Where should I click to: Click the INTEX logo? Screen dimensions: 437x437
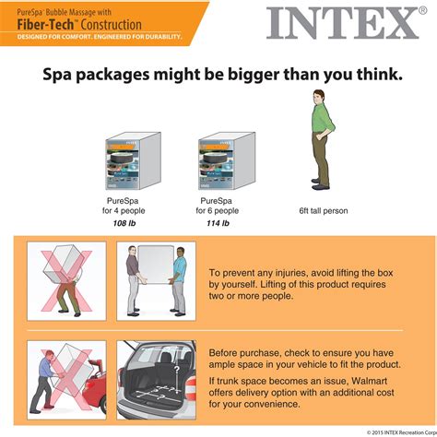pyautogui.click(x=343, y=24)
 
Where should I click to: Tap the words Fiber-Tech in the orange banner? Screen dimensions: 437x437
pyautogui.click(x=45, y=25)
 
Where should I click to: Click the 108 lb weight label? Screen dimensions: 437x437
pyautogui.click(x=124, y=223)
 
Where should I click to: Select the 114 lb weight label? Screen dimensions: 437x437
pyautogui.click(x=218, y=223)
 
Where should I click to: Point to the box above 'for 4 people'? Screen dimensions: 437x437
pyautogui.click(x=134, y=160)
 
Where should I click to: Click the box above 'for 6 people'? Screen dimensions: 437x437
pyautogui.click(x=227, y=160)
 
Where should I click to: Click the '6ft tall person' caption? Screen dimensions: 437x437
pyautogui.click(x=324, y=211)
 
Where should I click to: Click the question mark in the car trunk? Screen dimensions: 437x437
pyautogui.click(x=177, y=369)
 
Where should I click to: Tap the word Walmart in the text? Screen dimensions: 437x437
pyautogui.click(x=369, y=381)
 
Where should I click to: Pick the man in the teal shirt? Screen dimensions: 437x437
pyautogui.click(x=178, y=281)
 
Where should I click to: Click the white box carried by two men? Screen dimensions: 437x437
pyautogui.click(x=156, y=265)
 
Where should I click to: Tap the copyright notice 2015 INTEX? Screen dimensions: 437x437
pyautogui.click(x=402, y=432)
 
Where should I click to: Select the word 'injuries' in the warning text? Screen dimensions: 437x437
pyautogui.click(x=290, y=273)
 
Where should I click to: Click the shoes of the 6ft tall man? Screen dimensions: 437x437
pyautogui.click(x=321, y=183)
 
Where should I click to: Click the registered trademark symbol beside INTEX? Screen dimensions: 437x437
pyautogui.click(x=423, y=10)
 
